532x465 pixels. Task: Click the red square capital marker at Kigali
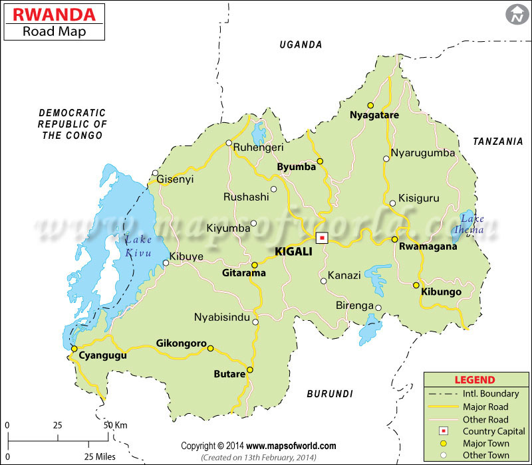[323, 237]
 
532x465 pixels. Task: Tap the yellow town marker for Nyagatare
[371, 105]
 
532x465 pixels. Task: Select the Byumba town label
[296, 167]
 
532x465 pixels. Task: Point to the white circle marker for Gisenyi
[155, 174]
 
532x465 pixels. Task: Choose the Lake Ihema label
[473, 225]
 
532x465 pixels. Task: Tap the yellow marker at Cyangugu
[74, 348]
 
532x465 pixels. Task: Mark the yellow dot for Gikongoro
[210, 348]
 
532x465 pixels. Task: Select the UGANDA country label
[301, 45]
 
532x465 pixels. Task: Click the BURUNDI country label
[330, 394]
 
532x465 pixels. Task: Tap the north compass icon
[515, 14]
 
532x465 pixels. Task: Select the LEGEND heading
[474, 380]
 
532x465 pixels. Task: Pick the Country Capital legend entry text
[493, 431]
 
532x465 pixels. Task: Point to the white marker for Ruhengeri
[229, 143]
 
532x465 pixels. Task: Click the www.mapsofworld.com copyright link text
[292, 446]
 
